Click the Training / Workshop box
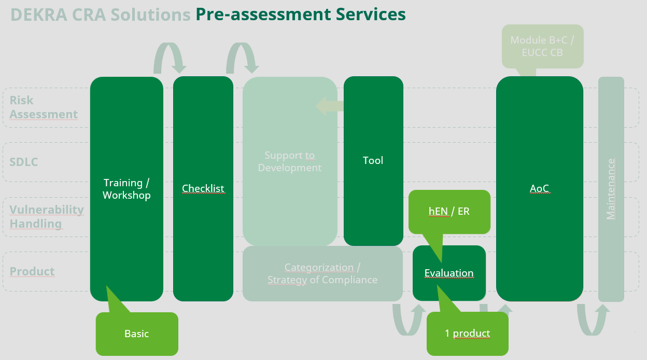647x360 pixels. tap(126, 189)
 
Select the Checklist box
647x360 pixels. tap(203, 189)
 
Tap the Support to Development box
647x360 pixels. tap(290, 161)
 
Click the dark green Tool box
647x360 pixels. tap(373, 161)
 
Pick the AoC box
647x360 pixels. tap(539, 189)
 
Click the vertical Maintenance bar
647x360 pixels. tap(611, 189)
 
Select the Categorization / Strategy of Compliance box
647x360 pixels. tap(322, 273)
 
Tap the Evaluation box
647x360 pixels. tap(449, 273)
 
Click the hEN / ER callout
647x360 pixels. tap(449, 211)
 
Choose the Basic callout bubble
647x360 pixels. tap(137, 334)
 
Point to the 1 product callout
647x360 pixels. tap(467, 334)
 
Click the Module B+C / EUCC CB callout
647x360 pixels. tap(542, 46)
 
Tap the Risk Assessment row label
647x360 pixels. tap(44, 107)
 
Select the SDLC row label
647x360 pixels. tap(24, 162)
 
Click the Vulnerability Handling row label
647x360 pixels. tap(47, 216)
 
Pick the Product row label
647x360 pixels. tap(32, 271)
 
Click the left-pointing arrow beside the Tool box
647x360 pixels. tap(329, 106)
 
